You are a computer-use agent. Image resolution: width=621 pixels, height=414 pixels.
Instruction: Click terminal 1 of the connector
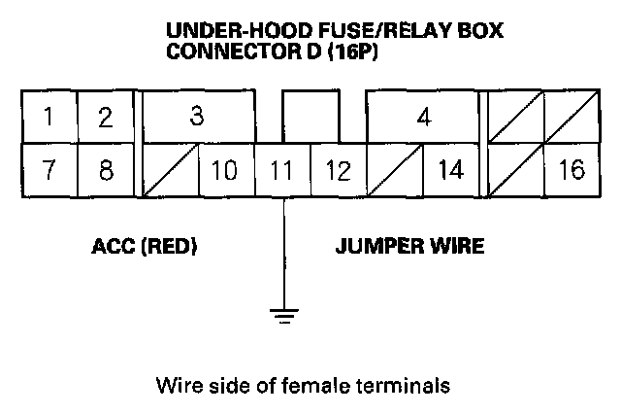coord(49,118)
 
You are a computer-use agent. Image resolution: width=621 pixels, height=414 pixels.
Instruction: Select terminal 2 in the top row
coord(105,118)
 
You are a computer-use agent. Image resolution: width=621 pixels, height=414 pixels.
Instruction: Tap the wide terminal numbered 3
coord(198,118)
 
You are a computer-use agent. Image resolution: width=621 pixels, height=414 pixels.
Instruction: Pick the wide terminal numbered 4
coord(424,118)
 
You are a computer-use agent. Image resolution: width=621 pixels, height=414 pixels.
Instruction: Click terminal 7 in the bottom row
coord(49,170)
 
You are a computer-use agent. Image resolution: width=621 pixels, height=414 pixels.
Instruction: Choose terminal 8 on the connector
coord(105,170)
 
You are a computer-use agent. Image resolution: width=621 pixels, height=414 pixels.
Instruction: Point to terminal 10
coord(225,170)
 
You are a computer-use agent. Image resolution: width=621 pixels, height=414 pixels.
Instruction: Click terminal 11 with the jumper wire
coord(282,170)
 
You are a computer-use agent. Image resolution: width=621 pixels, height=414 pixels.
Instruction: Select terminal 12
coord(338,170)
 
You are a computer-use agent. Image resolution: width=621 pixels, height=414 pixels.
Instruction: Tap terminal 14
coord(450,170)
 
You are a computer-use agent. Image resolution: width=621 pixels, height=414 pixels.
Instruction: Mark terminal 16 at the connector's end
coord(572,170)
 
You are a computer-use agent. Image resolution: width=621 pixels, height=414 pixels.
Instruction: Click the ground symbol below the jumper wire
coord(282,313)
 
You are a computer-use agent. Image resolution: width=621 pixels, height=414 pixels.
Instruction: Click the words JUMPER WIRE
coord(409,247)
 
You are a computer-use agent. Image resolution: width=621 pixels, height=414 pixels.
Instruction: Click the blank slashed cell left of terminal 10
coord(170,170)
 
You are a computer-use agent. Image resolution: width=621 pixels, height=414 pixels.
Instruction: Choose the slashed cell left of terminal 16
coord(516,170)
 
